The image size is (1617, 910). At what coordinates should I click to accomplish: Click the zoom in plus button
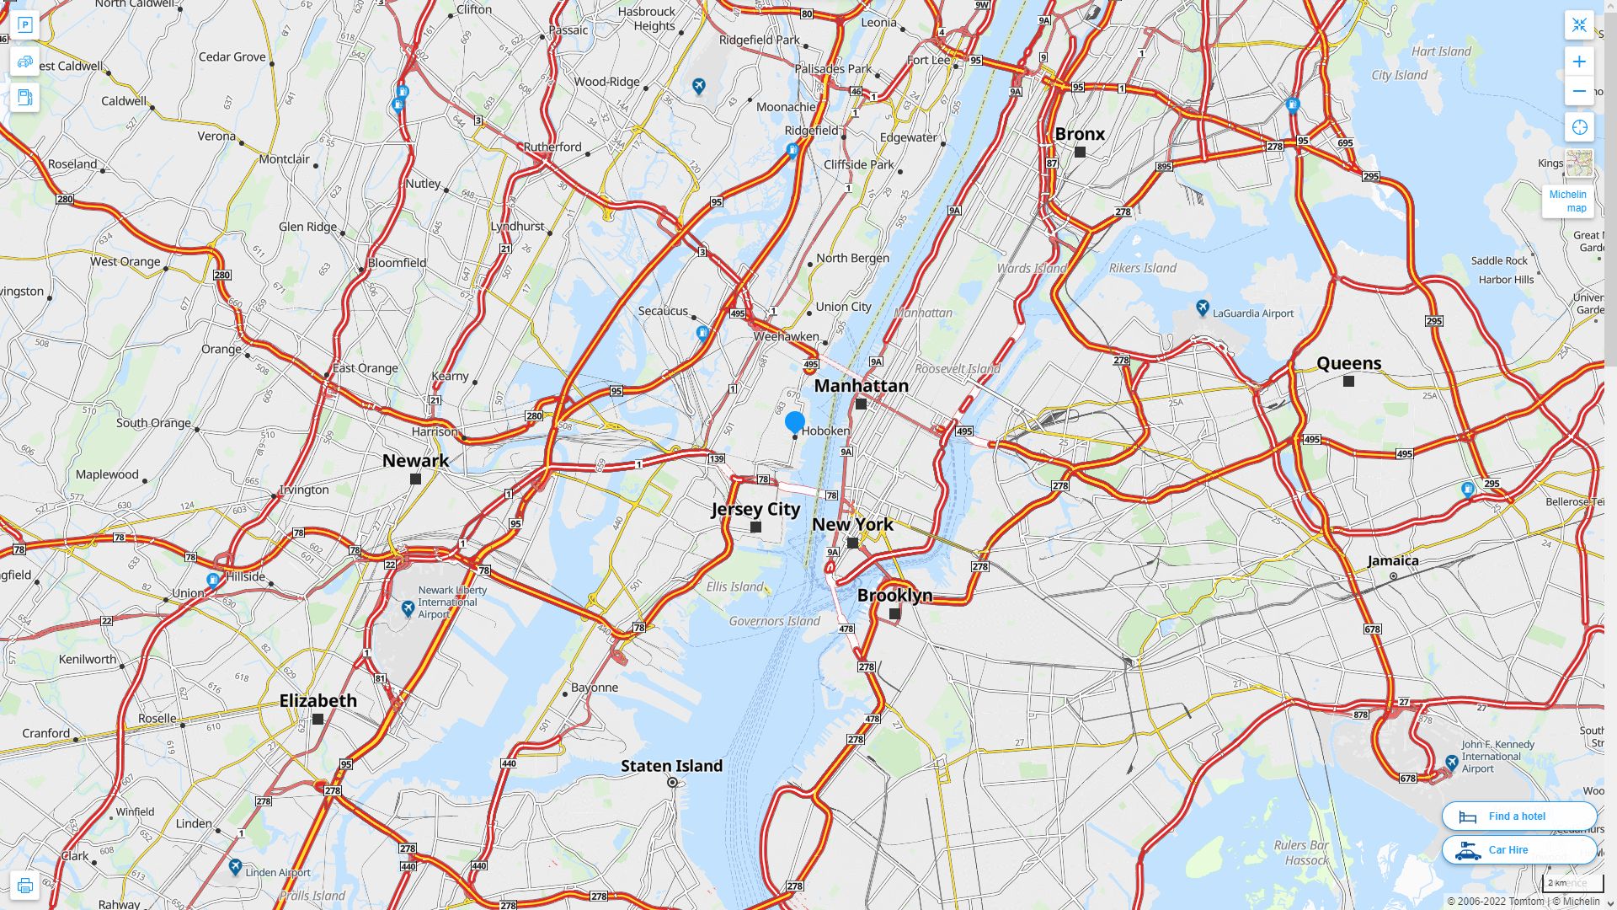click(x=1579, y=62)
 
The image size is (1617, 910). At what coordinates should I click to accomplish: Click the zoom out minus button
click(x=1579, y=91)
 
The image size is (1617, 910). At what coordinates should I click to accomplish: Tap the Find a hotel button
click(x=1518, y=816)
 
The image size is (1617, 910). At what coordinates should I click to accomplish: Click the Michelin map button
click(x=1567, y=201)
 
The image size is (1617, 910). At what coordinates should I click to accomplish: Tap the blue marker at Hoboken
click(x=794, y=421)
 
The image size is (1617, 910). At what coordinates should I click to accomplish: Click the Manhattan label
click(x=861, y=386)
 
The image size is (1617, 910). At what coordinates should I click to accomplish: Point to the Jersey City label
click(x=755, y=509)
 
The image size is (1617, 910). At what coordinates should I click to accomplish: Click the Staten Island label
click(x=671, y=766)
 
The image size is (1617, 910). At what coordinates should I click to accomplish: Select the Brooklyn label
click(x=894, y=595)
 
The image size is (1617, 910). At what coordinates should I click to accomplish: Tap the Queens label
click(x=1348, y=363)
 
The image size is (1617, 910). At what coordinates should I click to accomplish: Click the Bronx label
click(x=1080, y=134)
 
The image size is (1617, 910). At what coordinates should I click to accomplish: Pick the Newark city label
click(x=415, y=461)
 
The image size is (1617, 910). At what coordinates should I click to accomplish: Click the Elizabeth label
click(x=318, y=701)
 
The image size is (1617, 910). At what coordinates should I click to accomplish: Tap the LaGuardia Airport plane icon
click(x=1203, y=308)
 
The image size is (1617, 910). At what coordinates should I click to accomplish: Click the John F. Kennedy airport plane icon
click(x=1451, y=763)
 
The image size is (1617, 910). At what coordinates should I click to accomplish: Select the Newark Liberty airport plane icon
click(x=408, y=608)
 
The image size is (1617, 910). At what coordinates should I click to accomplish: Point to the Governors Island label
click(x=774, y=622)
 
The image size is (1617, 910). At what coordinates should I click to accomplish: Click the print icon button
click(x=24, y=886)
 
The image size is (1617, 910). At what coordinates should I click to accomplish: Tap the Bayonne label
click(x=595, y=688)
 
